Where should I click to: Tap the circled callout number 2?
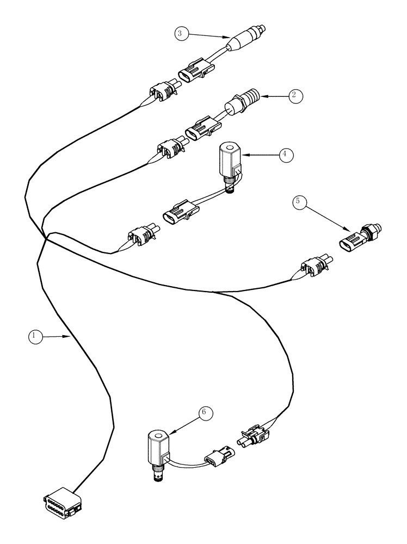(294, 96)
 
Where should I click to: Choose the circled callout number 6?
(204, 413)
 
